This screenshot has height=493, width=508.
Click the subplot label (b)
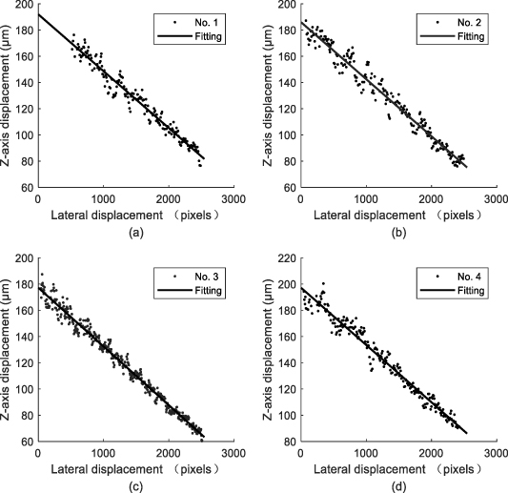point(396,231)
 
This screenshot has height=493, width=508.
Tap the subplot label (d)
point(396,484)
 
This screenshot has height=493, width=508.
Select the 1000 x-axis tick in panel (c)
point(103,452)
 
